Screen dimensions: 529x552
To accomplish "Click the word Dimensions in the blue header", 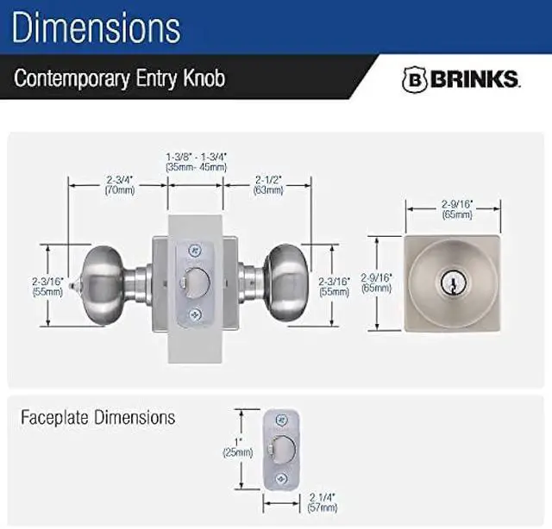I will tap(97, 27).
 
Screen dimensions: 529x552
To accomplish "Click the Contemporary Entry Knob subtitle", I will tap(119, 78).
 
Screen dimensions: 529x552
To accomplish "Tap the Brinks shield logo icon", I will tap(413, 79).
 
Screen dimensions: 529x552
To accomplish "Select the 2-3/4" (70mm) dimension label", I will tap(120, 184).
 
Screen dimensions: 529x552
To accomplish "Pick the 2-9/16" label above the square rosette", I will tap(453, 208).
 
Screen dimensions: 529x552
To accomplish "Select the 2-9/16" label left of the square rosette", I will tap(377, 283).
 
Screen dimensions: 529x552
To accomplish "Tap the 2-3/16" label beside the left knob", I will tap(47, 285).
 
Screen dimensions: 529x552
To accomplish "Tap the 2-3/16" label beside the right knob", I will tap(333, 285).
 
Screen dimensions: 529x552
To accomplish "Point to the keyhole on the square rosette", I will tap(453, 282).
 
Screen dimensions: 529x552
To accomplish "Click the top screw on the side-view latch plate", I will tap(194, 251).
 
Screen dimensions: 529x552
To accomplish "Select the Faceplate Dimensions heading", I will tap(97, 418).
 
